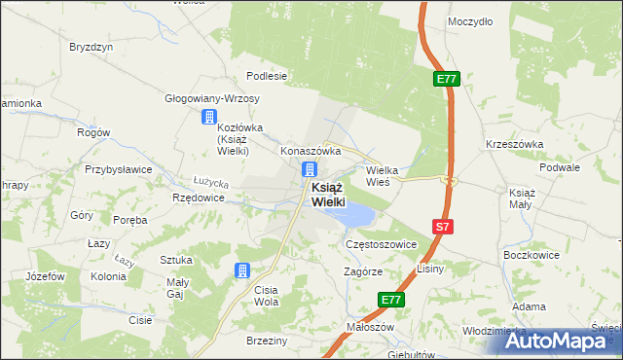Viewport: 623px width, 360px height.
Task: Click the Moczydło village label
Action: coord(470,20)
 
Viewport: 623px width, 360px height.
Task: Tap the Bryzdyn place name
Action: coord(92,47)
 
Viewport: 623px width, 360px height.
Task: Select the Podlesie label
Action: coord(266,76)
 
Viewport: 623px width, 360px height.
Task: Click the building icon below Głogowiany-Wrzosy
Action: coord(208,118)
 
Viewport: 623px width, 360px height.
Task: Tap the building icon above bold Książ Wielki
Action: coord(308,169)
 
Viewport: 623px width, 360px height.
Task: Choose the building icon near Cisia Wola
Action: coord(242,271)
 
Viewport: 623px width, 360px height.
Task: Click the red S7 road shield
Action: coord(443,227)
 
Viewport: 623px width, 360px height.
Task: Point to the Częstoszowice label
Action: coord(382,245)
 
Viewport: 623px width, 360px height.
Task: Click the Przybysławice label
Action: coord(118,168)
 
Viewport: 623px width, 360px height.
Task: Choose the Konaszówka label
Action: coord(310,152)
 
